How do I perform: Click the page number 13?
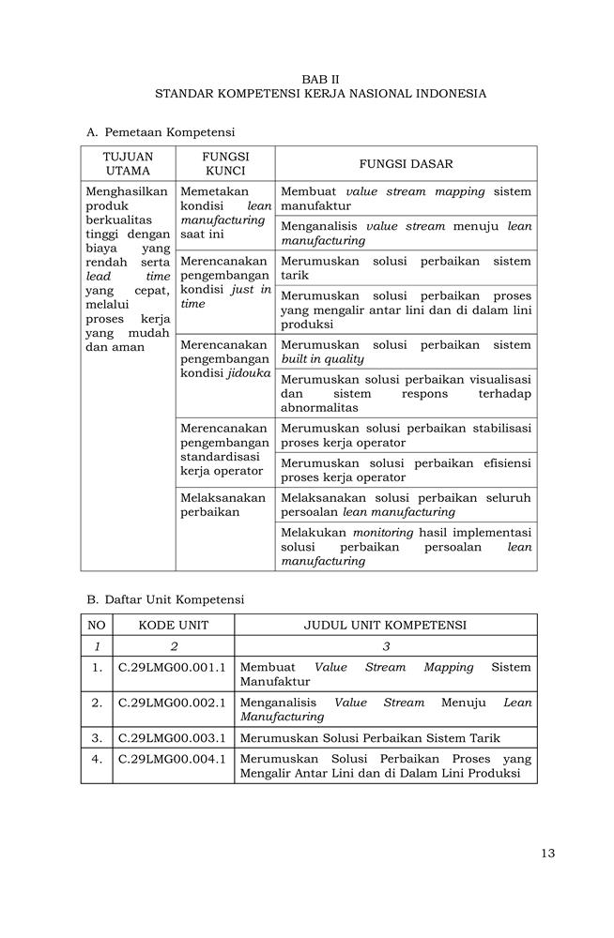pos(548,853)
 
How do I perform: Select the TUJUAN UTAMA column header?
pos(128,163)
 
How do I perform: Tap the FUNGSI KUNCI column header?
pos(225,163)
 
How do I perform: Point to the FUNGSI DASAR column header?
pos(406,163)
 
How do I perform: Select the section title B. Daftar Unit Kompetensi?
pos(165,598)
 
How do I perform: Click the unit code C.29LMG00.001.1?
pos(173,667)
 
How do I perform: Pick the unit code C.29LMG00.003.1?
pos(173,737)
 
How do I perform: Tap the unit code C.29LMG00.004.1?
pos(173,758)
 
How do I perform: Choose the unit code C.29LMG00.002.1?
pos(173,702)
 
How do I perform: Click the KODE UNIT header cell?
pos(173,625)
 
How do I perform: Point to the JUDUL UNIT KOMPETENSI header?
pos(385,625)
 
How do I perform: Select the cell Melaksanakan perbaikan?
pos(223,505)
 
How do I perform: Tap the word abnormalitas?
pos(319,408)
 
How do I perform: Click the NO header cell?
pos(97,625)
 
